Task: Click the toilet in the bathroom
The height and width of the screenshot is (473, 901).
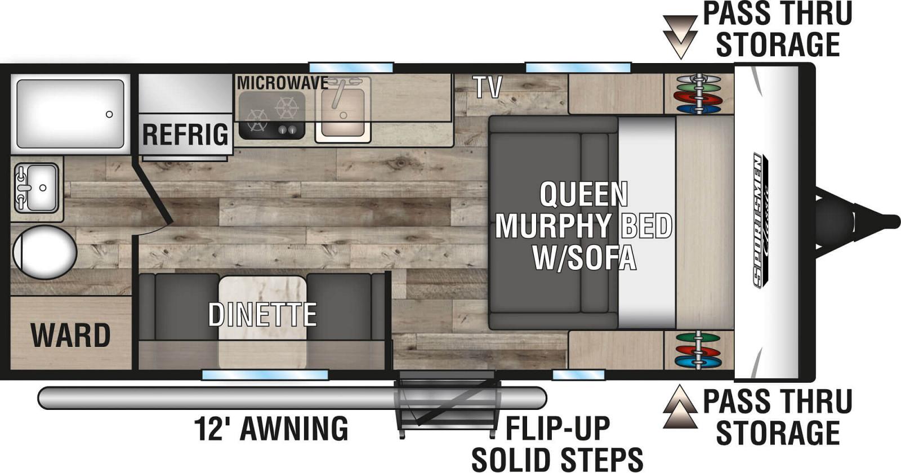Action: pos(44,252)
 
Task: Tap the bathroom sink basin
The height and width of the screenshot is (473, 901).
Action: pos(42,188)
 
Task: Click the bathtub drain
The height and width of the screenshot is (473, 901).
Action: pos(109,114)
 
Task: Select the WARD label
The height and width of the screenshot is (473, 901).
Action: pos(70,335)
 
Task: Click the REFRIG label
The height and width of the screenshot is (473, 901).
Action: pos(185,135)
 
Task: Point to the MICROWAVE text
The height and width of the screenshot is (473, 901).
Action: pos(283,83)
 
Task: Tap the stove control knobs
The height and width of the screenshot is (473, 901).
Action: pos(288,130)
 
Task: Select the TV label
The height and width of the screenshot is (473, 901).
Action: pos(488,87)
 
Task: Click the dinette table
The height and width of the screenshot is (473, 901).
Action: pos(262,322)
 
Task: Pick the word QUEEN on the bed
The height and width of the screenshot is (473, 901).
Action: pos(583,194)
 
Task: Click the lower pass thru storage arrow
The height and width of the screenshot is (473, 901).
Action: pos(680,407)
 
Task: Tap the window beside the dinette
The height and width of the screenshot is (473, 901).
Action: pos(265,375)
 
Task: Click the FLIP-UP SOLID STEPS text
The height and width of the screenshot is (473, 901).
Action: pos(557,444)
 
